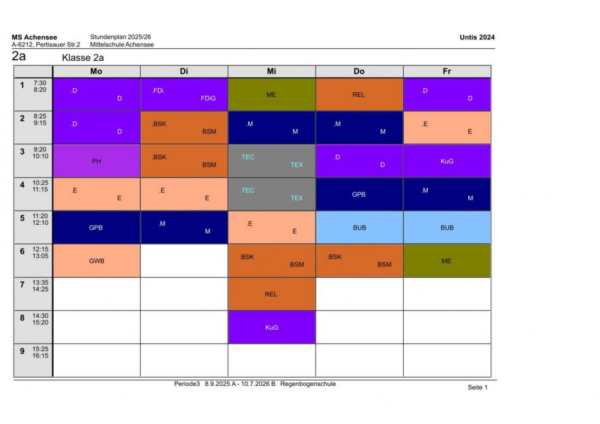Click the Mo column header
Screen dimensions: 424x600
[x=96, y=71]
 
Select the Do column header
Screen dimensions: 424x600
[x=359, y=71]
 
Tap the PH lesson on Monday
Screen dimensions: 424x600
[x=96, y=161]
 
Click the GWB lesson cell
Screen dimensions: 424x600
[x=96, y=261]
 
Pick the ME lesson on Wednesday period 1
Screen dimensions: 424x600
[x=271, y=94]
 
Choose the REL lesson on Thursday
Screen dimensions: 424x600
[x=359, y=94]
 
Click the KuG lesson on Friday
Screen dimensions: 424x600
[x=447, y=161]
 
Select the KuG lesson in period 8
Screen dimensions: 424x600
[x=271, y=327]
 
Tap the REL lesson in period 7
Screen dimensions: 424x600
[x=271, y=294]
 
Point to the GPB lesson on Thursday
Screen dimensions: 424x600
[x=359, y=194]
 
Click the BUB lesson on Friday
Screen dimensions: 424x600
[x=447, y=227]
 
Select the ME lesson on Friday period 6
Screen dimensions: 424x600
[x=447, y=261]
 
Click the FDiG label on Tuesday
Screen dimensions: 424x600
[x=208, y=99]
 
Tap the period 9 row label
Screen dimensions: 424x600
[x=22, y=351]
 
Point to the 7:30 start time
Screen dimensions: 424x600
[x=40, y=83]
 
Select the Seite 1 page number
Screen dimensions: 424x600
[x=477, y=388]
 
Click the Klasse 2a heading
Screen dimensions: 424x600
[x=83, y=58]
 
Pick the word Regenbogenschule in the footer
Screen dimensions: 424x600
[x=308, y=384]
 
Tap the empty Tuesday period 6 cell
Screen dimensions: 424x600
[x=184, y=261]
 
